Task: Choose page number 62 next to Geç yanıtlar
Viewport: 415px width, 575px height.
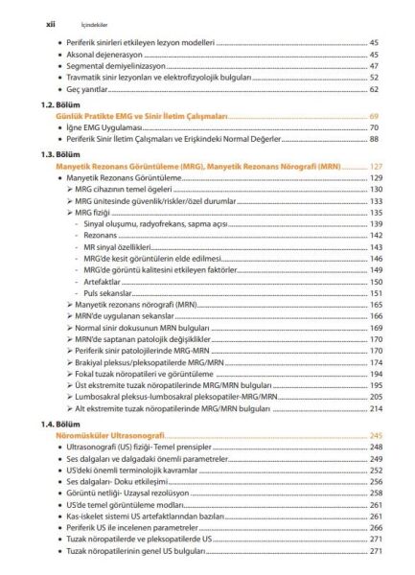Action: point(374,89)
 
